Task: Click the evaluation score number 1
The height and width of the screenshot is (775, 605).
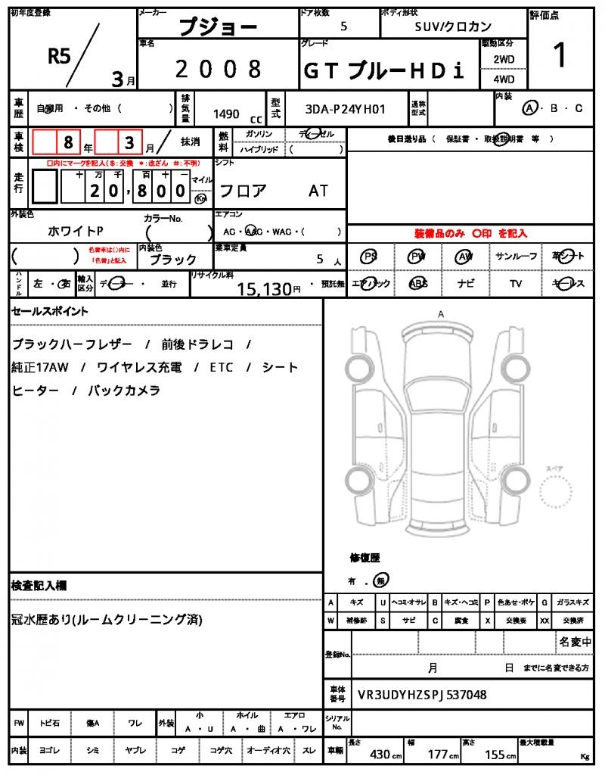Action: [x=560, y=56]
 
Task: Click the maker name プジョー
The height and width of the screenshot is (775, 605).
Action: [x=217, y=27]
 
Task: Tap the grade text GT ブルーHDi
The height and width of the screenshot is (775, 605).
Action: [x=383, y=70]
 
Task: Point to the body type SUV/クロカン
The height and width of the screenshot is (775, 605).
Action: [x=453, y=26]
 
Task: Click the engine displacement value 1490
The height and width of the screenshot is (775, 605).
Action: [x=226, y=114]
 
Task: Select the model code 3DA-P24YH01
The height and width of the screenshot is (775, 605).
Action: [x=345, y=109]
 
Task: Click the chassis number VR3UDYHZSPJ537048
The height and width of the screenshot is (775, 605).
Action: [x=422, y=694]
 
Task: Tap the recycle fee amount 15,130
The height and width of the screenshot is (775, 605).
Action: [x=264, y=288]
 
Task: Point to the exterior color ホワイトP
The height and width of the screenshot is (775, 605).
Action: [x=75, y=231]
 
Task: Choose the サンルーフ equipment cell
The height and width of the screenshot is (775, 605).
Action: [x=517, y=257]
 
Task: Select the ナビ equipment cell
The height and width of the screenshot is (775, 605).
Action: [x=466, y=283]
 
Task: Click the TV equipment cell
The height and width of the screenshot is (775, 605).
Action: [x=516, y=283]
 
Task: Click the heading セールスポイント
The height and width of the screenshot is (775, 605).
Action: [x=50, y=310]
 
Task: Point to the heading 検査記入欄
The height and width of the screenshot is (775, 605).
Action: [x=39, y=586]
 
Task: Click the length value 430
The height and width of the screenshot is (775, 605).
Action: [x=380, y=755]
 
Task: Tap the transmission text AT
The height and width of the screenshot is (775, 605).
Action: [x=318, y=191]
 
